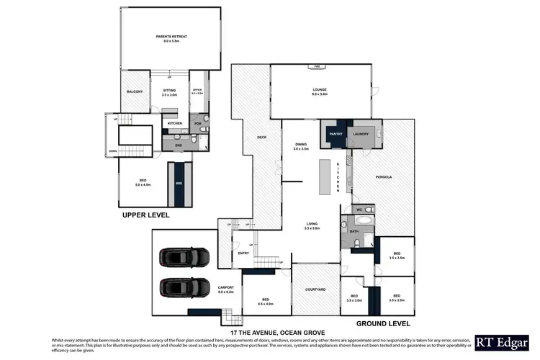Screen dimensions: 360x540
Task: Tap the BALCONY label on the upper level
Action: point(135,91)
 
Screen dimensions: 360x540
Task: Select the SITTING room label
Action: point(169,91)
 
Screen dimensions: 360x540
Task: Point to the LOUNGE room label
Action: point(319,90)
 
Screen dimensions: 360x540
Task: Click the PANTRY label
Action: point(335,134)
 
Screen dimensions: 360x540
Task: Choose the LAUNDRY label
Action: point(360,134)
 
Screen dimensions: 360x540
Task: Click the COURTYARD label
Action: point(315,289)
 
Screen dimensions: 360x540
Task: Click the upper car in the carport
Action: point(184,256)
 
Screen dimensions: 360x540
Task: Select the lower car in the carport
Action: point(184,287)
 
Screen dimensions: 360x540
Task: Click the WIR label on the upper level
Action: point(179,184)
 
